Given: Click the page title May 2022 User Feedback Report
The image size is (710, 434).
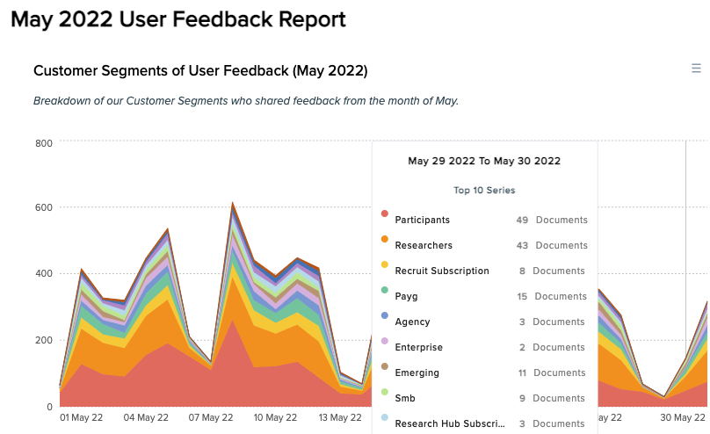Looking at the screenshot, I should (178, 18).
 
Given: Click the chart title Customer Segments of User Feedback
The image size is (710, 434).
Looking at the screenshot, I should (199, 70).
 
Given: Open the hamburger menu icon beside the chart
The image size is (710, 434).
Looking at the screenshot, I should (696, 69).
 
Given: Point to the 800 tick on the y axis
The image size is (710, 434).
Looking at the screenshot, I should (44, 142).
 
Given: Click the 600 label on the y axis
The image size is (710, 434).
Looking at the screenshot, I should (44, 208).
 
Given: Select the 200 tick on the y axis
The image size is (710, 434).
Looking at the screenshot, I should (44, 340).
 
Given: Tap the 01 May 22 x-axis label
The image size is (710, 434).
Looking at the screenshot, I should (82, 417).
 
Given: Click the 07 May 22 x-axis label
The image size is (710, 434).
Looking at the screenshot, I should (210, 417).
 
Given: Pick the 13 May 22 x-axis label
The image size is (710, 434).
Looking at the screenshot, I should (337, 417).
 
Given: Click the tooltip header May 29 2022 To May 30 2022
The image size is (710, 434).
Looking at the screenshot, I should (484, 161).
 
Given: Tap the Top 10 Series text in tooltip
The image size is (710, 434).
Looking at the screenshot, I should (484, 190).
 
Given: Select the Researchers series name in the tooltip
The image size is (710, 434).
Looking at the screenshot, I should (424, 245).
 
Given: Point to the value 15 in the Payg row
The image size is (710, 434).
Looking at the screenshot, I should (522, 296).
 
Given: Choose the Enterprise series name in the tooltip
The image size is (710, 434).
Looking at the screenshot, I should (418, 347).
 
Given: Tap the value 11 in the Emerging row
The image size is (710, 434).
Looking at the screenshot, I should (522, 373).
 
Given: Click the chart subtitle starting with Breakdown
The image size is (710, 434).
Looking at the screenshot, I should (246, 100).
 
